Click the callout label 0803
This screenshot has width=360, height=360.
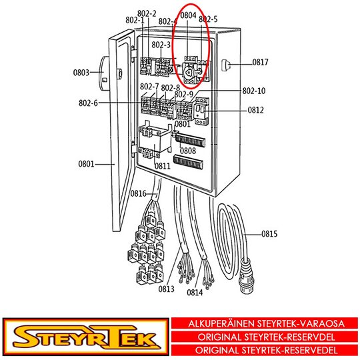[x=81, y=73]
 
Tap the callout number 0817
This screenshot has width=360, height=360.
[x=261, y=62]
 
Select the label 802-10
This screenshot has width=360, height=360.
[x=254, y=91]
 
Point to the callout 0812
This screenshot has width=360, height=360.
[x=255, y=110]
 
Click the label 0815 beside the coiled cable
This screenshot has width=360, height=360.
[x=269, y=234]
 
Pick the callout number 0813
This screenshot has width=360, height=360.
[x=167, y=289]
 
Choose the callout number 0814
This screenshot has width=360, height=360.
[x=195, y=293]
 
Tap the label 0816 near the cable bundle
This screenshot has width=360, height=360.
[x=139, y=193]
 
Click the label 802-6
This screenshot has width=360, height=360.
[x=88, y=103]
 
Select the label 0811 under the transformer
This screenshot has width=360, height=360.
[x=163, y=166]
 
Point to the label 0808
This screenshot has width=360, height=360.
[x=188, y=151]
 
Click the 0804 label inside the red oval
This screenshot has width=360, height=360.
[x=188, y=15]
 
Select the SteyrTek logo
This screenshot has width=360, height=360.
[x=86, y=337]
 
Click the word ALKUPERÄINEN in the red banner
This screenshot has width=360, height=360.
[x=221, y=323]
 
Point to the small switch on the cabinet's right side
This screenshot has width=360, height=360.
[x=226, y=65]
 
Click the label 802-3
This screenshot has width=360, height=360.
[x=161, y=45]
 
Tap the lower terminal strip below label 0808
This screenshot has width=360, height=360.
[x=188, y=162]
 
